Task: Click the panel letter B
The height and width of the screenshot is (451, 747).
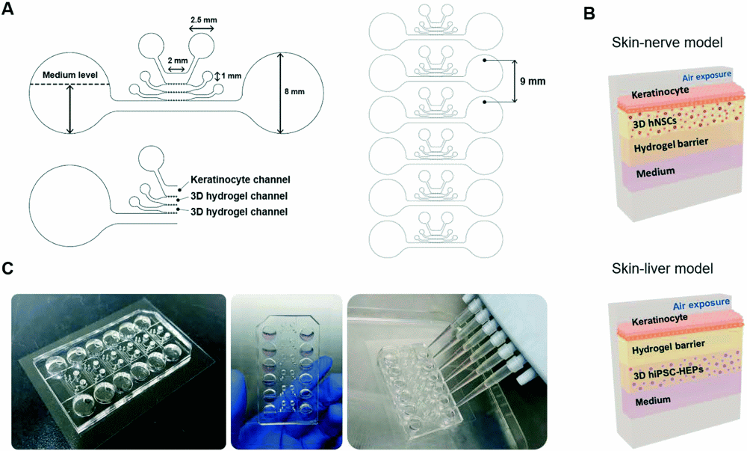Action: point(589,12)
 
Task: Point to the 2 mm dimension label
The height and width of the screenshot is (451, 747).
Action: point(176,60)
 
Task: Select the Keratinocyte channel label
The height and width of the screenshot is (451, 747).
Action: point(240,180)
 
